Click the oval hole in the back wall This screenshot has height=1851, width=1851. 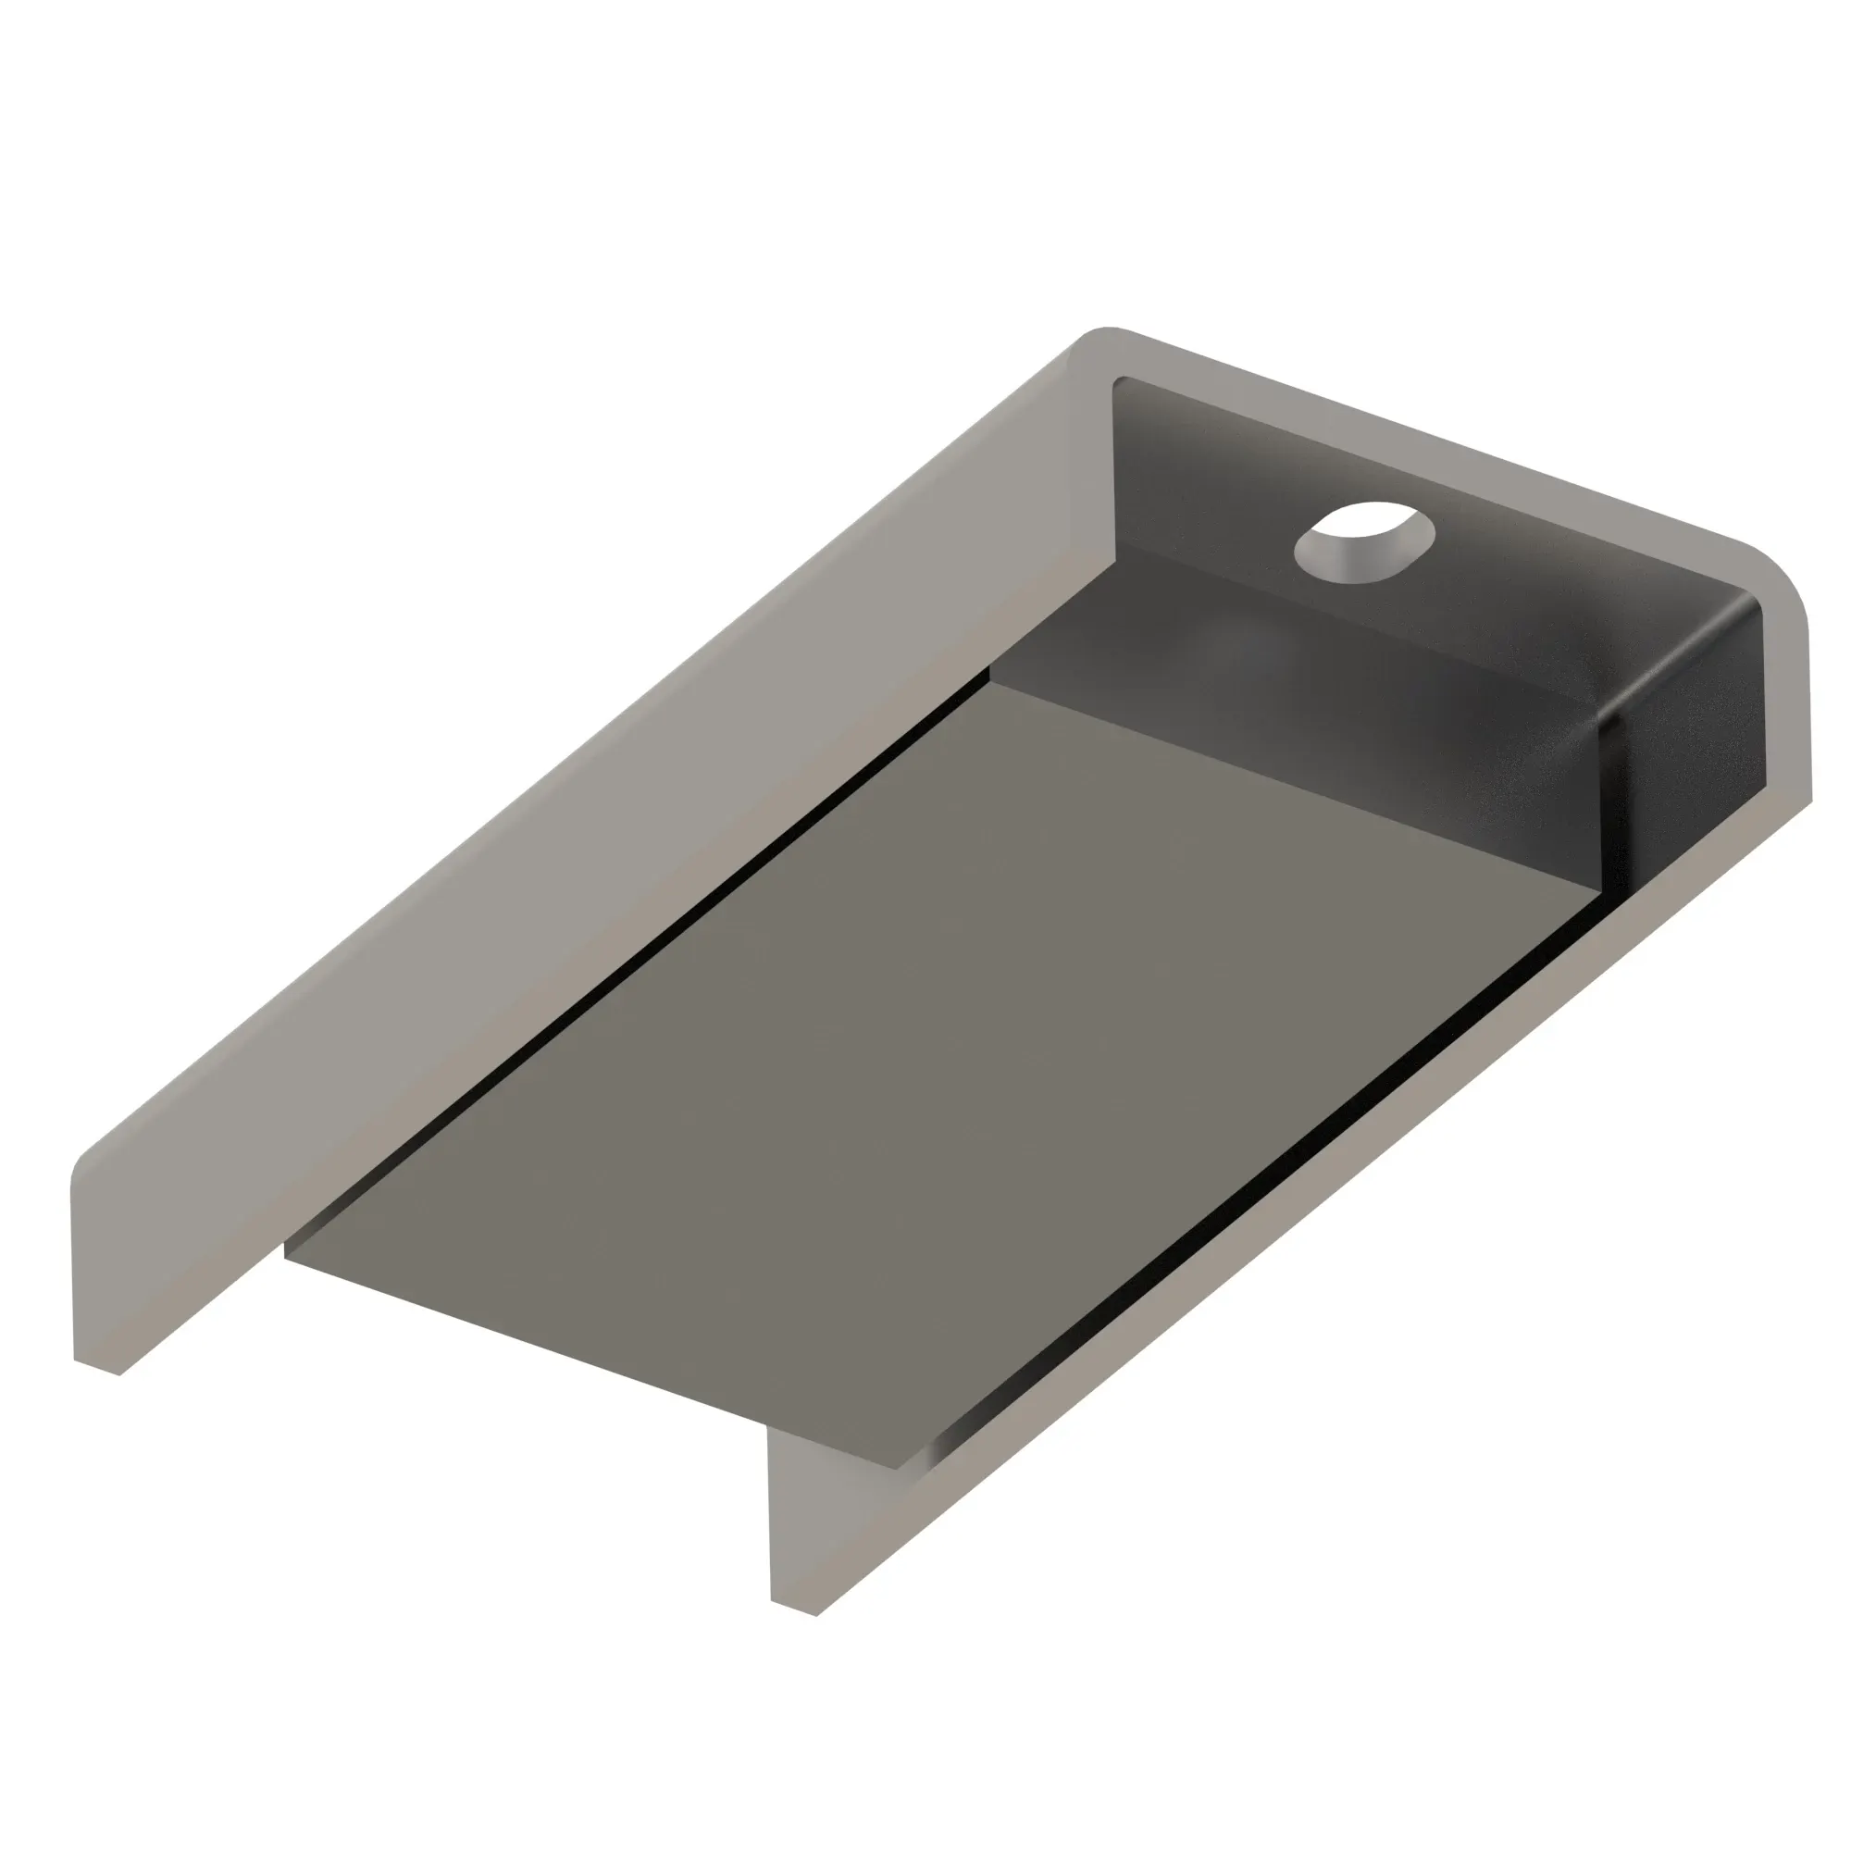point(1363,540)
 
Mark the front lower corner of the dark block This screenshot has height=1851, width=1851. point(1602,892)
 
